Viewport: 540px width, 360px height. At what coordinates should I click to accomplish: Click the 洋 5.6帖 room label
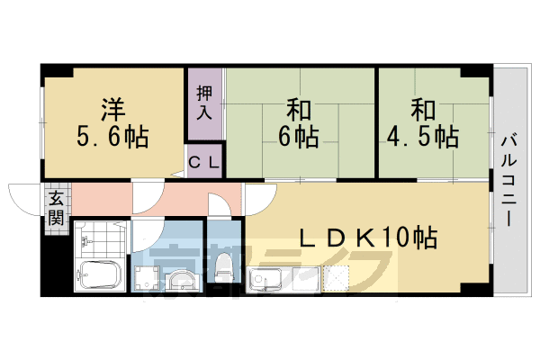pos(112,124)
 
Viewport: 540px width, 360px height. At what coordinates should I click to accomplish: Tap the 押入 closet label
pos(204,103)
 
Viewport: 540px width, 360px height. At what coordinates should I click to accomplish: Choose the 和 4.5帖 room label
pos(423,124)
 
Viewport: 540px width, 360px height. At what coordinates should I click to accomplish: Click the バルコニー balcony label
pos(508,180)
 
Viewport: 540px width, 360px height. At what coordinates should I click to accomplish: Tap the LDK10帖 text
pos(368,238)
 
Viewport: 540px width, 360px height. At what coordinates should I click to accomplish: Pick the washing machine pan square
pos(145,277)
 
